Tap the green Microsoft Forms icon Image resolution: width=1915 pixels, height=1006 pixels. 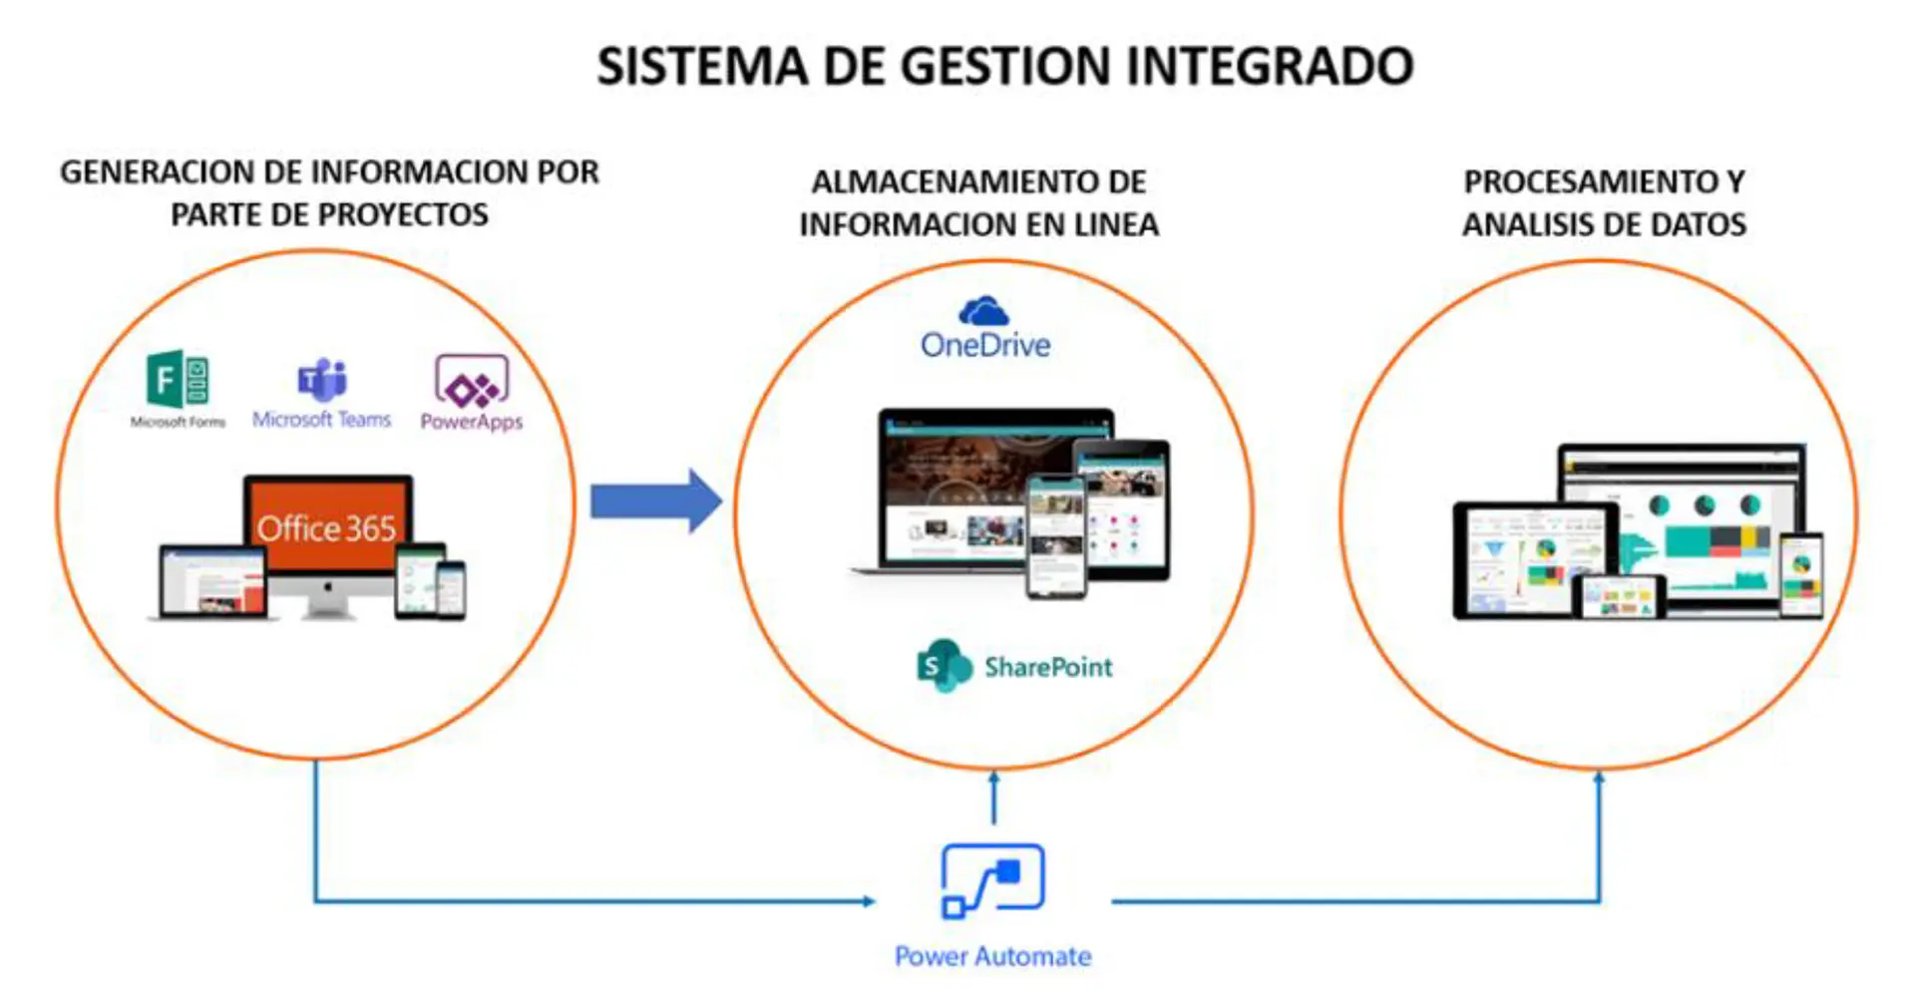tap(178, 379)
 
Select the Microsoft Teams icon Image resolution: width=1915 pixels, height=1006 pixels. tap(321, 379)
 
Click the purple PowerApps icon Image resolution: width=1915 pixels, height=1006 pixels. tap(471, 382)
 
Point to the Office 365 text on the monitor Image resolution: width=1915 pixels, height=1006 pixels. tap(326, 527)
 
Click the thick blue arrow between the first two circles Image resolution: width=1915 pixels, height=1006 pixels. tap(655, 501)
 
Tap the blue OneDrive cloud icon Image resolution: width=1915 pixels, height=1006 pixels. tap(983, 311)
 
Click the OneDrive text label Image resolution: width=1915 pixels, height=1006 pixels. tap(985, 345)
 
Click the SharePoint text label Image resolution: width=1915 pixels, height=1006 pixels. tap(1048, 666)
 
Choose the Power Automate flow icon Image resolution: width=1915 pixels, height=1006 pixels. tap(992, 880)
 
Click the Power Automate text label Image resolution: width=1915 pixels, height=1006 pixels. tap(992, 956)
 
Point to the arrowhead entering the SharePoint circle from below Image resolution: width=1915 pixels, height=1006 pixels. tap(993, 778)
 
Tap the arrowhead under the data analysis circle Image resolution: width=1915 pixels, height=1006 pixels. tap(1599, 778)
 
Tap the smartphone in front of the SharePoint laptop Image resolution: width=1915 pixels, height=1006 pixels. tap(1055, 536)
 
